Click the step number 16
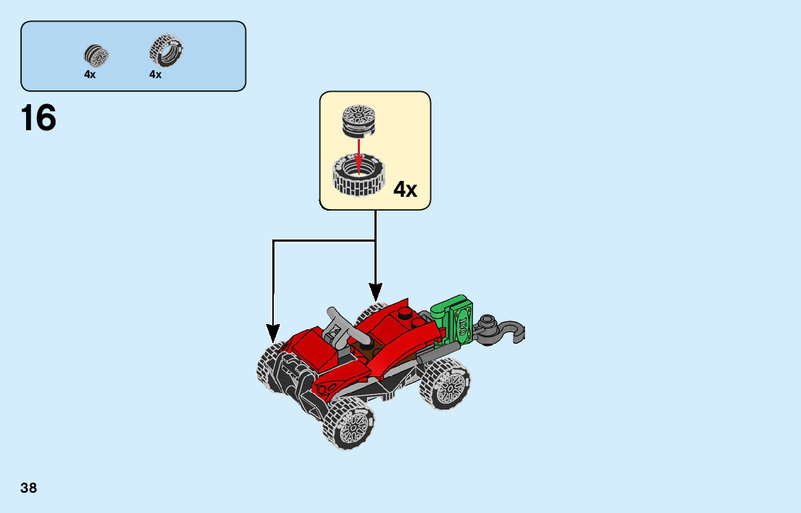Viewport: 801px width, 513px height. tap(38, 119)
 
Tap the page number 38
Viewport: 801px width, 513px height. tap(29, 488)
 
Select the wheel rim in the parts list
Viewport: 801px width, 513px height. tap(96, 55)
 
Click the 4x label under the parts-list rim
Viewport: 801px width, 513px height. tap(90, 75)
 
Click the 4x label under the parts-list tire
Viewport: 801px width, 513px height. tap(155, 75)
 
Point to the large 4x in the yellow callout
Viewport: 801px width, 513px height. tap(405, 190)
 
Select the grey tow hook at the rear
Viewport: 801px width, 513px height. tap(503, 330)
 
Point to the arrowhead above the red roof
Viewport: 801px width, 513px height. tap(375, 292)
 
